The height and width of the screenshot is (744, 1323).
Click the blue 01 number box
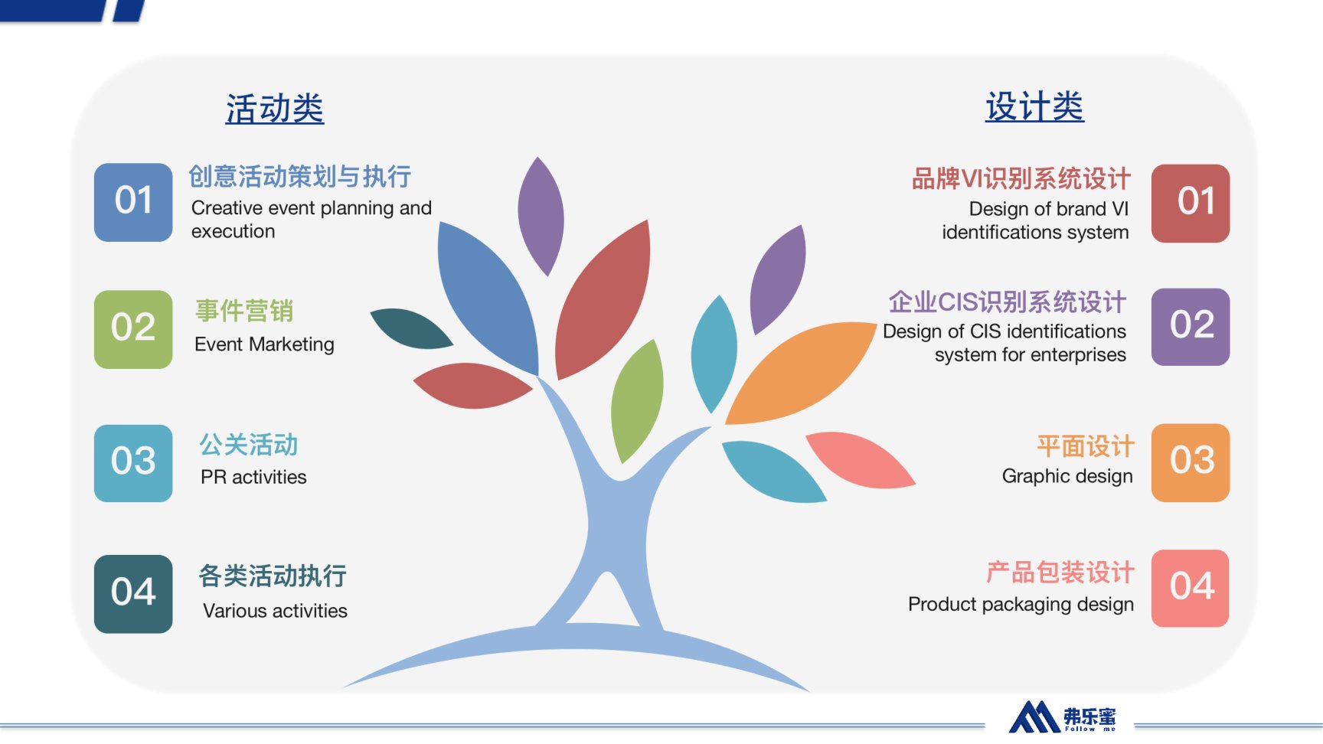coord(133,202)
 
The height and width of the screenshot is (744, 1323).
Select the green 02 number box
coord(133,329)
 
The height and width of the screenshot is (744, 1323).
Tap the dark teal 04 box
coord(133,594)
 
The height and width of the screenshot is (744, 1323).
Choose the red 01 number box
coord(1191,204)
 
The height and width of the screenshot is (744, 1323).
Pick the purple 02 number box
coord(1191,327)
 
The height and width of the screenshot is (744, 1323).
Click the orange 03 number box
coord(1191,462)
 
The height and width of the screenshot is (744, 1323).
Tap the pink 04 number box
coord(1191,589)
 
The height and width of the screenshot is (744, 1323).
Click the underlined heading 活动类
coord(275,109)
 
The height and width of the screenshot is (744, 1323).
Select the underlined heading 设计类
coord(1034,106)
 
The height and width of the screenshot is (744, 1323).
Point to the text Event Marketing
coord(264,344)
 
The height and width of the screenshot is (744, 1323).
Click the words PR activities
coord(253,477)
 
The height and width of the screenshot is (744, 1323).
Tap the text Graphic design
coord(1067,476)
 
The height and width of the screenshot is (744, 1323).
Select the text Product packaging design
coord(1021,605)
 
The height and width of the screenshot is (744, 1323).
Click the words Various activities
coord(275,611)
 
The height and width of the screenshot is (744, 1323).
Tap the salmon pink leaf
coord(860,460)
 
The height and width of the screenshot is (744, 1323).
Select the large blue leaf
coord(487,299)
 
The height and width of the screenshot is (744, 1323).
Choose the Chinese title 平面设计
coord(1086,446)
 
